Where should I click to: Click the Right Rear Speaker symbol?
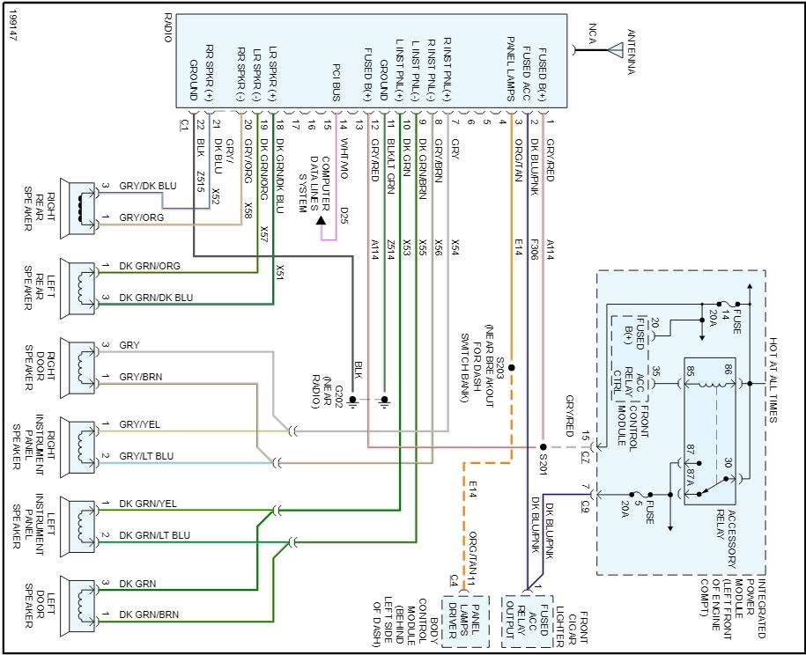click(x=83, y=205)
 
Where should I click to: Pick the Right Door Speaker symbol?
click(x=83, y=363)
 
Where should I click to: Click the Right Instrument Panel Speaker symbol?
click(x=83, y=442)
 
